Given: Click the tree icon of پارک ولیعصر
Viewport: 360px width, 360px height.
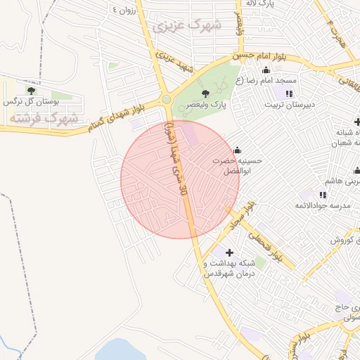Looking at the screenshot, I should (x=205, y=93).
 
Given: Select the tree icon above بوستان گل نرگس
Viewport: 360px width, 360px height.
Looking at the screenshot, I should (x=30, y=90).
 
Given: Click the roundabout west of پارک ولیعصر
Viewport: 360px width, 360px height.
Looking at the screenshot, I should (x=166, y=100).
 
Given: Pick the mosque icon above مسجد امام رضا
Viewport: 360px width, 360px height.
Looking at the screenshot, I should (x=266, y=70).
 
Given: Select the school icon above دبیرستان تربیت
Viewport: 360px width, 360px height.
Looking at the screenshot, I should (x=289, y=94).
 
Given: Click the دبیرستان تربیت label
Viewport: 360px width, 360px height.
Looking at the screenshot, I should (x=288, y=105).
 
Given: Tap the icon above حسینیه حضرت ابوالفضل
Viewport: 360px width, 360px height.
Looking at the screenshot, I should (x=237, y=149).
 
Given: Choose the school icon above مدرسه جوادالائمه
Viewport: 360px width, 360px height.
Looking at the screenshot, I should (x=323, y=194).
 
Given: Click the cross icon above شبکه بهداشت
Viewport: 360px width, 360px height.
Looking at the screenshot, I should (x=229, y=252).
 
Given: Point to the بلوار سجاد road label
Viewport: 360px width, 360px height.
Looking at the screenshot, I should (x=240, y=217).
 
